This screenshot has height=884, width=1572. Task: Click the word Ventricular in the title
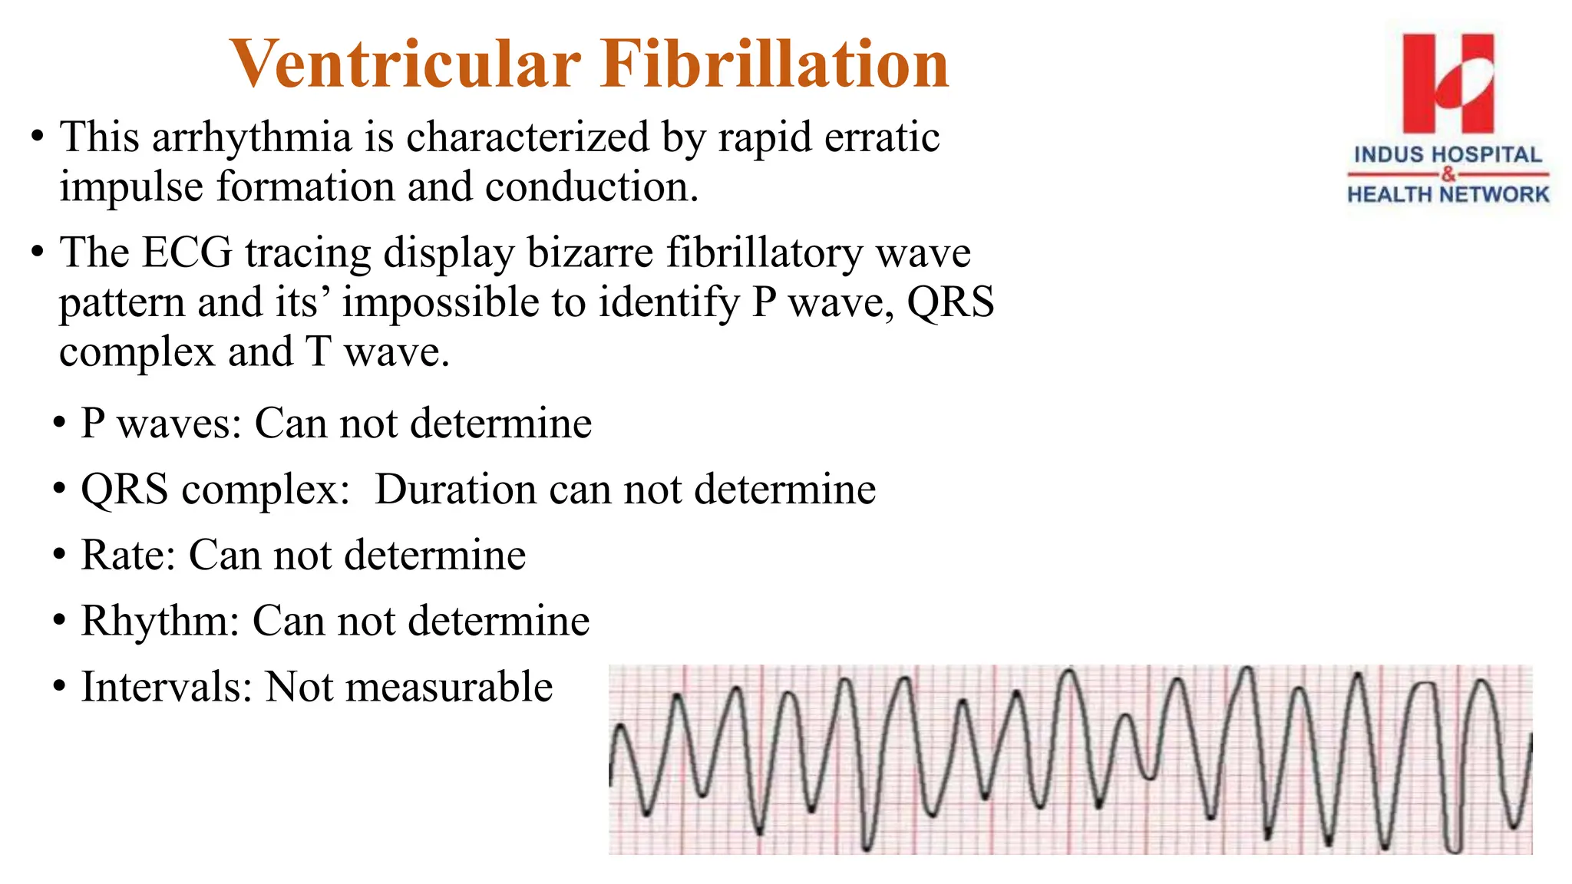[405, 64]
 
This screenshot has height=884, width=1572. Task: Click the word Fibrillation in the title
[775, 64]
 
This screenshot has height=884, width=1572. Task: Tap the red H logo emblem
[1448, 83]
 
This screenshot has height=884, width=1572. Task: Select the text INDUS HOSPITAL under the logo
[1448, 155]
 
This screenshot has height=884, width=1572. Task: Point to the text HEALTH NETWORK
[1448, 195]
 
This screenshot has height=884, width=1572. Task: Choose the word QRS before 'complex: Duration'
[124, 490]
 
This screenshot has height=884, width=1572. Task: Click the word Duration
[455, 490]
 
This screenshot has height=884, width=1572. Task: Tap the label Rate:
[128, 555]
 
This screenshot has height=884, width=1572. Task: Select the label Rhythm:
[160, 621]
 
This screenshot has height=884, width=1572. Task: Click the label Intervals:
[167, 687]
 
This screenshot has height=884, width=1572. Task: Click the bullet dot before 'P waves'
[59, 424]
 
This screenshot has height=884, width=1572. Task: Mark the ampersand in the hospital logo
[1448, 175]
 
